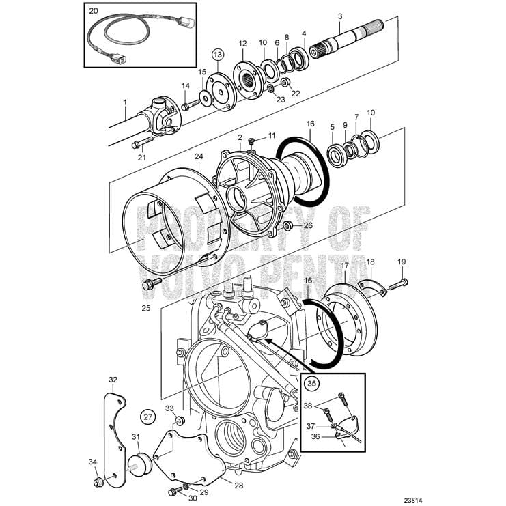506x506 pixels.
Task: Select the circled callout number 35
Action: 311,384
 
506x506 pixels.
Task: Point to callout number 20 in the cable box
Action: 94,12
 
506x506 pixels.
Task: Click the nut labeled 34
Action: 98,481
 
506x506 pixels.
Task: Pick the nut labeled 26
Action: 287,225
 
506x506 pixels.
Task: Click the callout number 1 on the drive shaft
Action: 125,102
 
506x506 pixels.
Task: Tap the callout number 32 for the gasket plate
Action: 113,379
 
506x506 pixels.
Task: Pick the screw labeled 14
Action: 189,104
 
